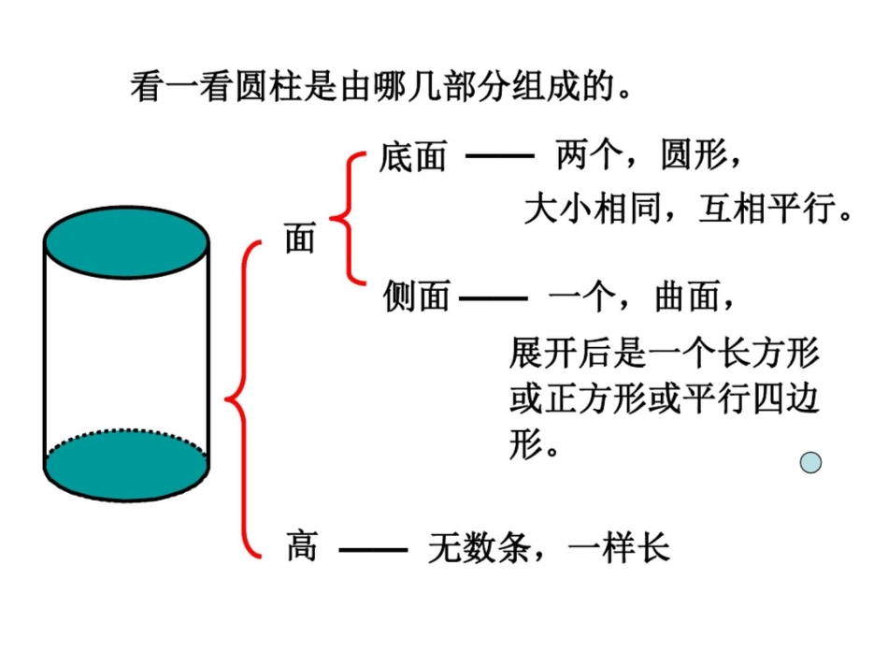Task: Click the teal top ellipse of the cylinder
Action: pos(126,244)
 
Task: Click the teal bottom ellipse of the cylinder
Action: pos(126,465)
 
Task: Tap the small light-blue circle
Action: pos(810,462)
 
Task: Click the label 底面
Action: pos(413,157)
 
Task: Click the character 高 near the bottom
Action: pos(302,545)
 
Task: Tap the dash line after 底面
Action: pos(499,157)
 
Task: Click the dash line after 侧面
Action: pos(494,298)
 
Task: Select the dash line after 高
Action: pos(373,549)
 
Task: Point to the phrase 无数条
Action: pos(480,547)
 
